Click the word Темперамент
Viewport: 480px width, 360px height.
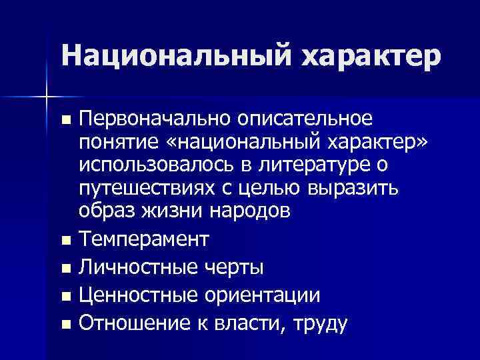coord(143,238)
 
